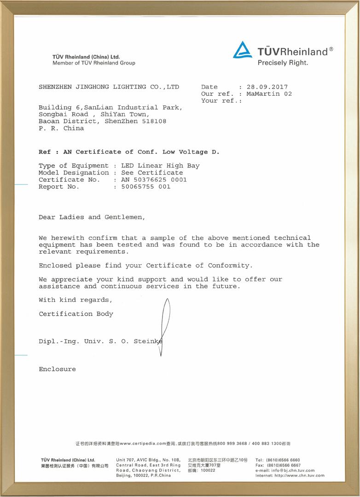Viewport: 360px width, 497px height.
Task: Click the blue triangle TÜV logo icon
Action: click(x=242, y=50)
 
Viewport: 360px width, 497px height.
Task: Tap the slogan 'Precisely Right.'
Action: click(x=283, y=63)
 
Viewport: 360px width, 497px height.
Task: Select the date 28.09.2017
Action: click(x=267, y=87)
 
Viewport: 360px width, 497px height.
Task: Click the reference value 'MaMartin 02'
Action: click(x=269, y=93)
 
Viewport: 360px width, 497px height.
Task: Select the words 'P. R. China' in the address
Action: click(x=61, y=128)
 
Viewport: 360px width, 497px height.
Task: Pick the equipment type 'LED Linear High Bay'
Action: click(x=160, y=166)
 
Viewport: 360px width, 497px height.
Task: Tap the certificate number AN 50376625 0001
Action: click(x=154, y=179)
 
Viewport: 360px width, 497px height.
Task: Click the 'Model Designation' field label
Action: click(x=74, y=173)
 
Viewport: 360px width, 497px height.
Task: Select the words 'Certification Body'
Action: click(x=76, y=314)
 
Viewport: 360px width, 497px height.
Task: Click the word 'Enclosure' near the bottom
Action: click(x=57, y=369)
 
